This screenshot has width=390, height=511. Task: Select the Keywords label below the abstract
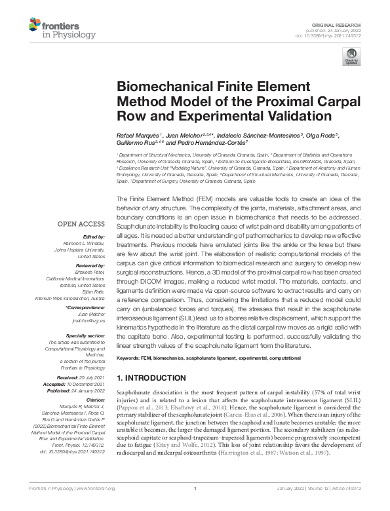[x=128, y=358]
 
